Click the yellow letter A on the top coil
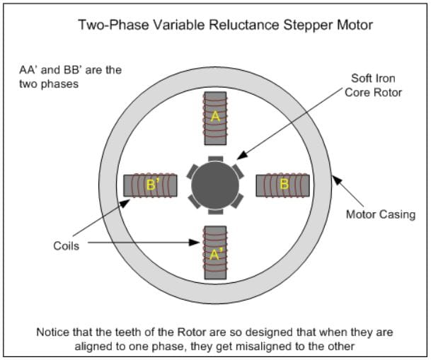point(215,118)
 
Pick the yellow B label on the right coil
point(284,185)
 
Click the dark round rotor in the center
point(215,185)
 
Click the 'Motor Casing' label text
point(380,214)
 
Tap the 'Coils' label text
point(66,247)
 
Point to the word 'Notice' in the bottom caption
point(54,332)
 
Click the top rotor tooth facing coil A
point(215,158)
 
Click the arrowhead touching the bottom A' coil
point(200,243)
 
